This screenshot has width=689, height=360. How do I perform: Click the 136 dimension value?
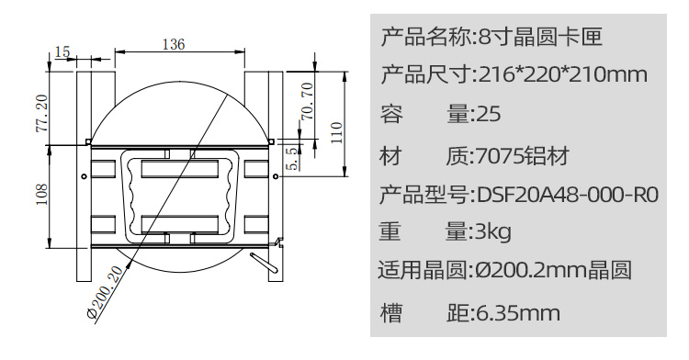[173, 42]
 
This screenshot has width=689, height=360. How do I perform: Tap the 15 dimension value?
[62, 51]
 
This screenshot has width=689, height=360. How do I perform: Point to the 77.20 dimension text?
[41, 111]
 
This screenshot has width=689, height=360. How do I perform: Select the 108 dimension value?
[41, 196]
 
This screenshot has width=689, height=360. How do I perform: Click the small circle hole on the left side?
[83, 175]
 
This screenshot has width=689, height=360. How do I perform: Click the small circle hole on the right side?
[273, 175]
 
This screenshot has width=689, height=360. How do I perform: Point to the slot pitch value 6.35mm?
[516, 313]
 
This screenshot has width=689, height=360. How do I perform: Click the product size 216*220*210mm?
[563, 75]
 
